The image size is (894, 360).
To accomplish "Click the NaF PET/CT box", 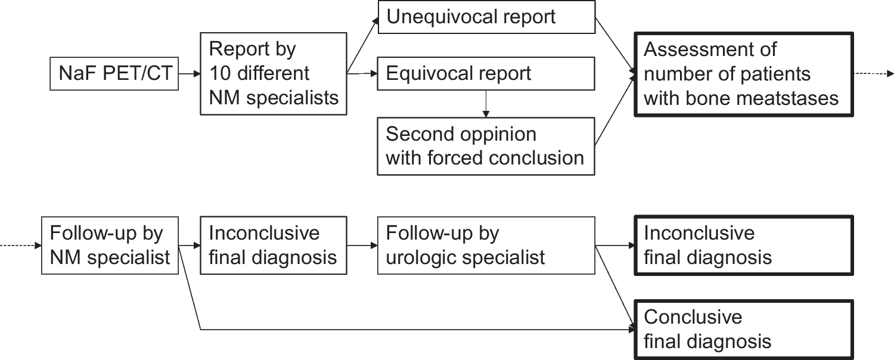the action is click(x=114, y=73).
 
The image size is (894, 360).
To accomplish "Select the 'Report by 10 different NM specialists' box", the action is click(x=274, y=74).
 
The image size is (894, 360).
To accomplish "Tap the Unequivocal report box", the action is click(x=486, y=17).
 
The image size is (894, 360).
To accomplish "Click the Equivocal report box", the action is click(x=486, y=73).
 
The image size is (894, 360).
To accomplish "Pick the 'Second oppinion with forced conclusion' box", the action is click(x=486, y=146).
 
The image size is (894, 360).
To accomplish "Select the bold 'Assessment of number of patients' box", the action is click(x=744, y=75).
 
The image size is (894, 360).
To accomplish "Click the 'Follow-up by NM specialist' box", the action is click(x=110, y=246).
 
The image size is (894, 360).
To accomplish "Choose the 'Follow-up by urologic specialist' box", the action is click(x=486, y=246).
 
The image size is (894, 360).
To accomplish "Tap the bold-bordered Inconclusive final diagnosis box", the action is click(x=744, y=246).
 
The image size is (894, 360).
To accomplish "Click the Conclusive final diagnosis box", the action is click(x=744, y=330).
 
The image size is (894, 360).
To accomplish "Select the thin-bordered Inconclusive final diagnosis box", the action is click(x=274, y=246).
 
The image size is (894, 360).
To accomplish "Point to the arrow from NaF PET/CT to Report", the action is click(x=189, y=73).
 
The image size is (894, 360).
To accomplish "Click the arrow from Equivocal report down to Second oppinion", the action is click(x=486, y=104).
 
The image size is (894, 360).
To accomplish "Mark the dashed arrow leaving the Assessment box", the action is click(x=874, y=73).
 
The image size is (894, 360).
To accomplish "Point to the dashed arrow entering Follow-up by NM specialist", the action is click(x=21, y=246).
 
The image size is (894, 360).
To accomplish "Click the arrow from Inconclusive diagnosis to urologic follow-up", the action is click(x=362, y=246).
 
